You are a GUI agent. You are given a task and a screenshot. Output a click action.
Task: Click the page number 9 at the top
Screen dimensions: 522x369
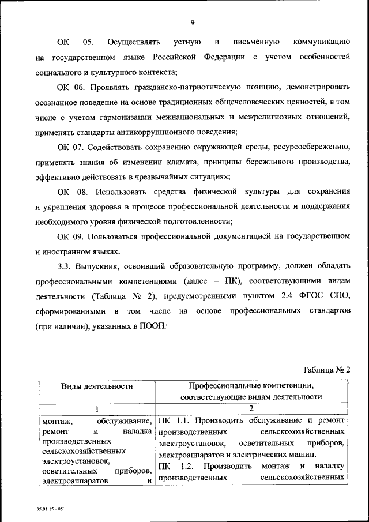(x=193, y=22)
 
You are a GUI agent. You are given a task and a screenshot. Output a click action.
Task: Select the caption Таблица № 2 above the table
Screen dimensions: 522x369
(x=326, y=370)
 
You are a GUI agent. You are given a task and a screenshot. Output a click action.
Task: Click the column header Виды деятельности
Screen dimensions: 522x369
(x=93, y=386)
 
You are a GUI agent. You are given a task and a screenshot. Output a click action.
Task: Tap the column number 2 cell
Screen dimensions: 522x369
(x=251, y=408)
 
